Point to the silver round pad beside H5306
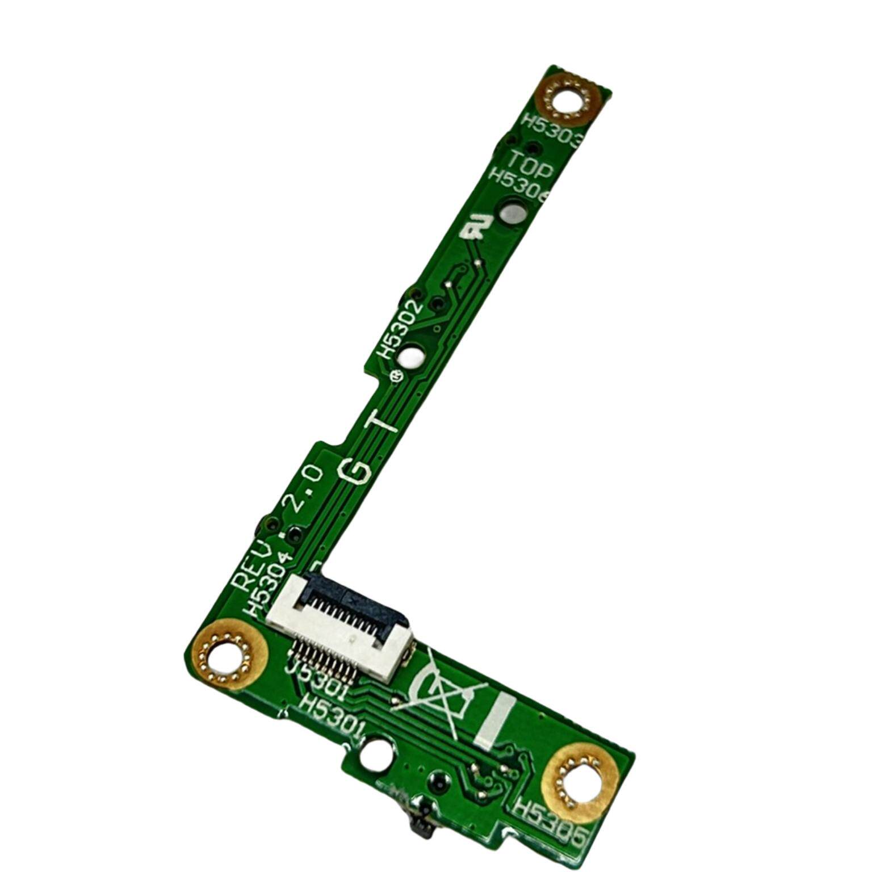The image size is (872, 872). click(512, 213)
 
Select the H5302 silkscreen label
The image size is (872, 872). click(401, 330)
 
